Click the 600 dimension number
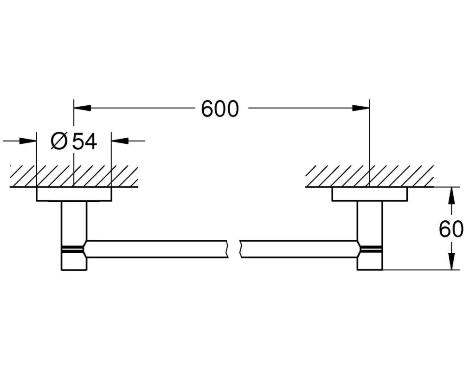[x=220, y=109]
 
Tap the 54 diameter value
[x=85, y=141]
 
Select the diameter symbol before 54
[x=59, y=141]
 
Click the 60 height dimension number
[x=451, y=229]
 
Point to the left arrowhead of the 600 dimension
[x=82, y=108]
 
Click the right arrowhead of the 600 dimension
[x=361, y=108]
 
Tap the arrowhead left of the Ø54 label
[x=28, y=141]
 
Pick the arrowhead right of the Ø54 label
[x=120, y=141]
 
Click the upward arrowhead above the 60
[x=451, y=196]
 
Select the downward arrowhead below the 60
[x=451, y=261]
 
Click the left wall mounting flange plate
[x=74, y=194]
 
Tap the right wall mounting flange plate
[x=370, y=194]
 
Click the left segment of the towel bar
[x=156, y=249]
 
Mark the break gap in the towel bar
[x=234, y=249]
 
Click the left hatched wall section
[x=74, y=176]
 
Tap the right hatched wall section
[x=370, y=176]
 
